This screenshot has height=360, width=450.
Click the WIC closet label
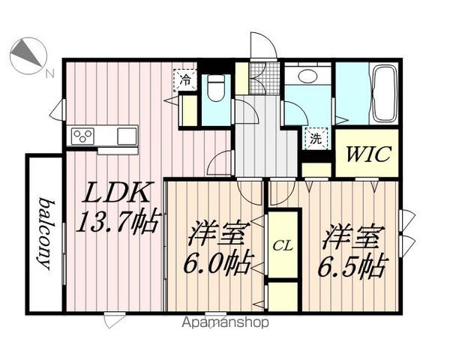click(368, 154)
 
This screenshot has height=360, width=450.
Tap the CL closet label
click(283, 246)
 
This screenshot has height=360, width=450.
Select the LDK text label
click(116, 192)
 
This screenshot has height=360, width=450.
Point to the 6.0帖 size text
click(217, 263)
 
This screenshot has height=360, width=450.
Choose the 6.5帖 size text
click(351, 265)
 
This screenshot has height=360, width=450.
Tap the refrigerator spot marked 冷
click(185, 80)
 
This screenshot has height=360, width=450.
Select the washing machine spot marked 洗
click(316, 139)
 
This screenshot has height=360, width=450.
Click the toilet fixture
click(216, 88)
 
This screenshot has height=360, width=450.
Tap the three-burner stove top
click(83, 136)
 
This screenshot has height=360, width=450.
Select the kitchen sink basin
click(127, 136)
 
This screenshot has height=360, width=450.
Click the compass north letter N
click(50, 73)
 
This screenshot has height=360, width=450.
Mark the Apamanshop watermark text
click(225, 322)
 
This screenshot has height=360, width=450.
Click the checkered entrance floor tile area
click(264, 78)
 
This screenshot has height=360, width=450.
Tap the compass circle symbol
click(28, 55)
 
